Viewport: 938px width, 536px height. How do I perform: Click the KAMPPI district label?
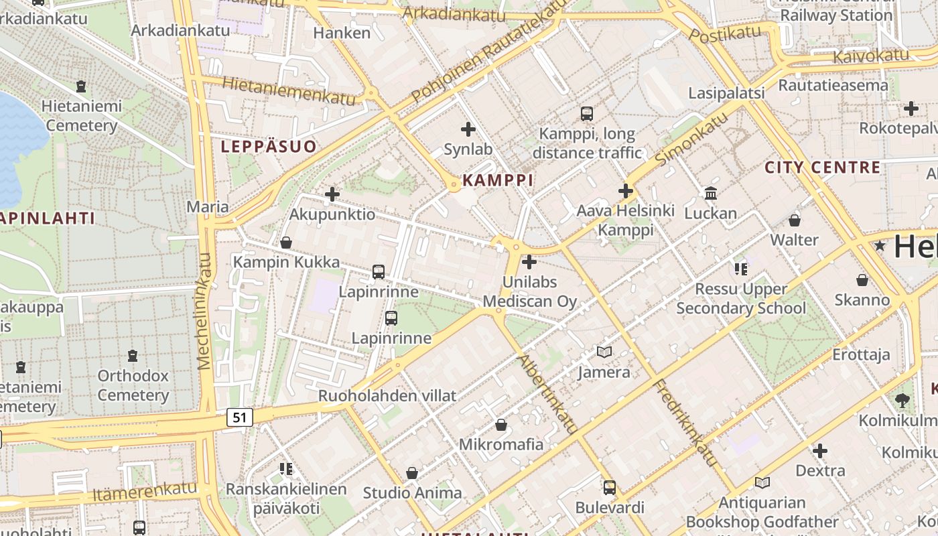point(498,180)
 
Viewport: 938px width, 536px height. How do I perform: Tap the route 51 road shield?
point(240,417)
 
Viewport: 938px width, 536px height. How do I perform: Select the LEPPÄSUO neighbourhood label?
point(269,147)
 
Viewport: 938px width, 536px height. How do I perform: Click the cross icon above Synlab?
point(468,129)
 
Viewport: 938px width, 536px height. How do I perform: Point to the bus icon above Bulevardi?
point(609,488)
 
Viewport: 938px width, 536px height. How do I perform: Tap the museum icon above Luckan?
point(710,194)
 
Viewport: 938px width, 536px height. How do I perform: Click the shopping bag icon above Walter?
point(795,220)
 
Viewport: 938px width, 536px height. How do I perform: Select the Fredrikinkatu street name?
point(685,423)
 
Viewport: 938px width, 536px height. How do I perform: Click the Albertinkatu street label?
point(547,394)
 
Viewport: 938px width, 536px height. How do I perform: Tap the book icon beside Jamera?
point(604,352)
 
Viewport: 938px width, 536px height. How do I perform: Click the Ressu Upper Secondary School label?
point(741,299)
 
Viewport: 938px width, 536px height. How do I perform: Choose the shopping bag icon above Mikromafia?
point(500,424)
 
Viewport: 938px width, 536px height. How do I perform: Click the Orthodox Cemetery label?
point(133,385)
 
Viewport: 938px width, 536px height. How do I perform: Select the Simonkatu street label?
point(691,139)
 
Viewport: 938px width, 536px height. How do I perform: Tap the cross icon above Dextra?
point(820,450)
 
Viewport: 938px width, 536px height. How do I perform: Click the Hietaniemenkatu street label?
point(289,91)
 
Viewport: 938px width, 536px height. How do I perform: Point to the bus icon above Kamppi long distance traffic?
point(587,114)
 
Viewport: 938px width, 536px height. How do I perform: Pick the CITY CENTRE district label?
point(822,167)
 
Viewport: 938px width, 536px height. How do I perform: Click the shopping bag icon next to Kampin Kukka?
point(286,242)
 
